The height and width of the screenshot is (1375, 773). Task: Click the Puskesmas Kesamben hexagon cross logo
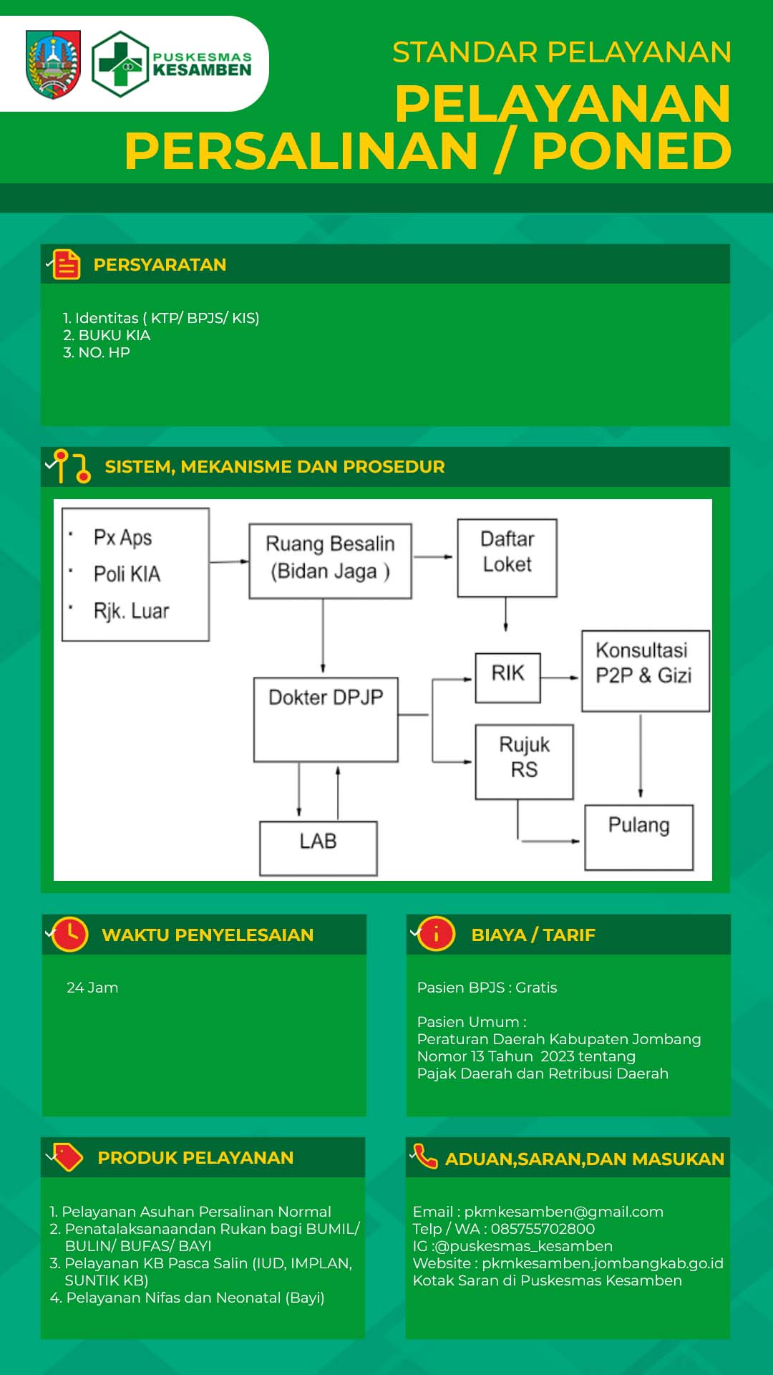pyautogui.click(x=120, y=64)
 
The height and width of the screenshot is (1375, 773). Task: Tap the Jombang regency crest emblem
pyautogui.click(x=53, y=64)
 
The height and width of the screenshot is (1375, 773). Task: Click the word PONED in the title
pyautogui.click(x=632, y=151)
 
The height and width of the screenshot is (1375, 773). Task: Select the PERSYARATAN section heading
pyautogui.click(x=160, y=264)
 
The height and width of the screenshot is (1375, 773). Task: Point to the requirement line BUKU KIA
pyautogui.click(x=107, y=335)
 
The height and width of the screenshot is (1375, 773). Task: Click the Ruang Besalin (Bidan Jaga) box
pyautogui.click(x=330, y=561)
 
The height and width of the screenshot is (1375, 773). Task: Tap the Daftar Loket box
pyautogui.click(x=507, y=558)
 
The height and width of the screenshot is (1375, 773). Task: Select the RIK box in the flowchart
pyautogui.click(x=508, y=677)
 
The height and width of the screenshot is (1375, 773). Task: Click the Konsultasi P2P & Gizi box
pyautogui.click(x=646, y=671)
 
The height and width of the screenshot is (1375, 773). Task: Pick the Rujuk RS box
pyautogui.click(x=525, y=761)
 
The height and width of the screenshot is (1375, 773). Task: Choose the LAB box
pyautogui.click(x=319, y=848)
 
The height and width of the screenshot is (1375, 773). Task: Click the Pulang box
pyautogui.click(x=639, y=837)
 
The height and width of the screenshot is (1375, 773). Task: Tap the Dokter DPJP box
pyautogui.click(x=326, y=720)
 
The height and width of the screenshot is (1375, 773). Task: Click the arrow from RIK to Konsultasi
pyautogui.click(x=560, y=677)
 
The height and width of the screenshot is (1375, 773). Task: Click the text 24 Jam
pyautogui.click(x=92, y=988)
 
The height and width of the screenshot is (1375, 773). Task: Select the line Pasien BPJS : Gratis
pyautogui.click(x=487, y=988)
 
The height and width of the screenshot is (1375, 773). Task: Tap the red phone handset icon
pyautogui.click(x=425, y=1155)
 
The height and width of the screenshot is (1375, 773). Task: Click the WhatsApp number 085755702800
pyautogui.click(x=543, y=1229)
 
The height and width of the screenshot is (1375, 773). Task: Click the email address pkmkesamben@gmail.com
pyautogui.click(x=564, y=1212)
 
